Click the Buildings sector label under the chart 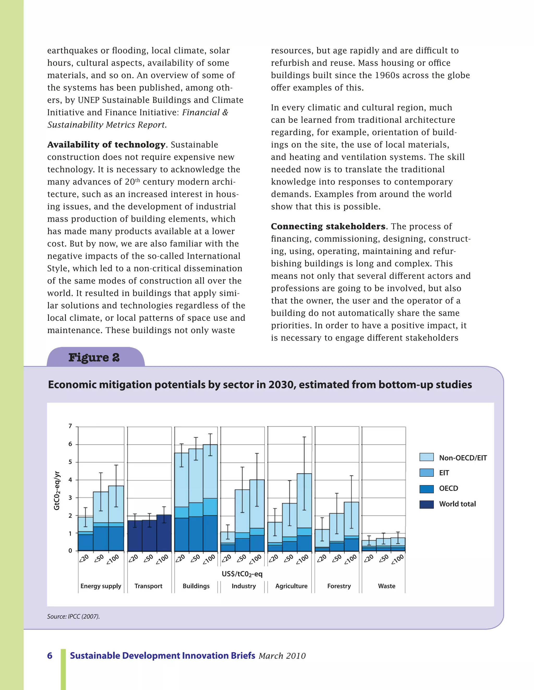196,586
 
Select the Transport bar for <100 164,533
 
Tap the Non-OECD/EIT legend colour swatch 426,457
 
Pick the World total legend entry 457,504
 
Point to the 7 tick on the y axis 70,426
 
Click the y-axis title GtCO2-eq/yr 57,490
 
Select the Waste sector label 387,586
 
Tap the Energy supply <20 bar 86,534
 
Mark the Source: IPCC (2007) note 73,616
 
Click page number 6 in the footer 50,656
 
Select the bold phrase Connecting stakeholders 328,227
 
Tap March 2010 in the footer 282,656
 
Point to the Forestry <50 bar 337,532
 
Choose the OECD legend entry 448,488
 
